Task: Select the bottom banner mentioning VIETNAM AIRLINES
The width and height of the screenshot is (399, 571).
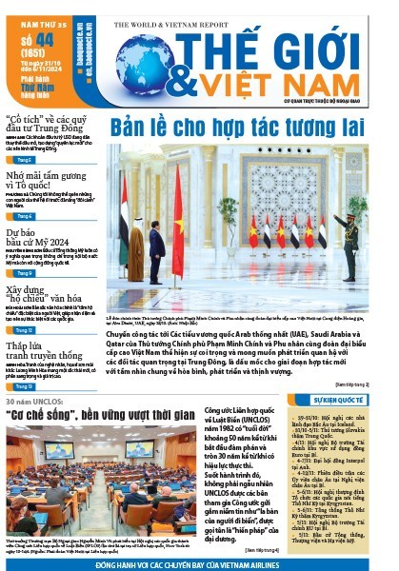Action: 199,564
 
